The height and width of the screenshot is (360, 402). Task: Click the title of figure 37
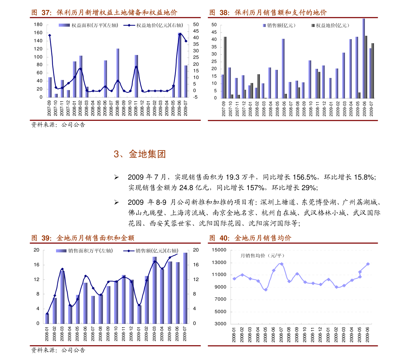point(104,13)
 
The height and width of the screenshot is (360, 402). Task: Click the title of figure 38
point(268,13)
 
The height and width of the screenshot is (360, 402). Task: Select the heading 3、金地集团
point(140,154)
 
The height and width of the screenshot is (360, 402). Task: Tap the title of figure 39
point(83,238)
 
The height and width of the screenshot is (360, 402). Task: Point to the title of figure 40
point(250,238)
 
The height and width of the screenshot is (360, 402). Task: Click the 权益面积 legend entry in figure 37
point(88,25)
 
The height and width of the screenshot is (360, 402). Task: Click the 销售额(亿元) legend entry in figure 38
point(279,25)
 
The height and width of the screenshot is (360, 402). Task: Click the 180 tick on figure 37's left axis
point(38,25)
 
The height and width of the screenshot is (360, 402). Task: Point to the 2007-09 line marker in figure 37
point(50,35)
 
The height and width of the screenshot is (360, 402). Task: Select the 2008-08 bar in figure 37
point(118,73)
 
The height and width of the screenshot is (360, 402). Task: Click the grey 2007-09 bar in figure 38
point(225,67)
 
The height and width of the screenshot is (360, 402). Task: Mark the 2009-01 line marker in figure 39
point(139,305)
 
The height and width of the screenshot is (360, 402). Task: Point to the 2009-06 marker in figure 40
point(368,264)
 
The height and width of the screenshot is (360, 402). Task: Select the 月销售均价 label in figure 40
point(262,256)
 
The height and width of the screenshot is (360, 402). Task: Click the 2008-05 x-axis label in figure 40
point(266,334)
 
